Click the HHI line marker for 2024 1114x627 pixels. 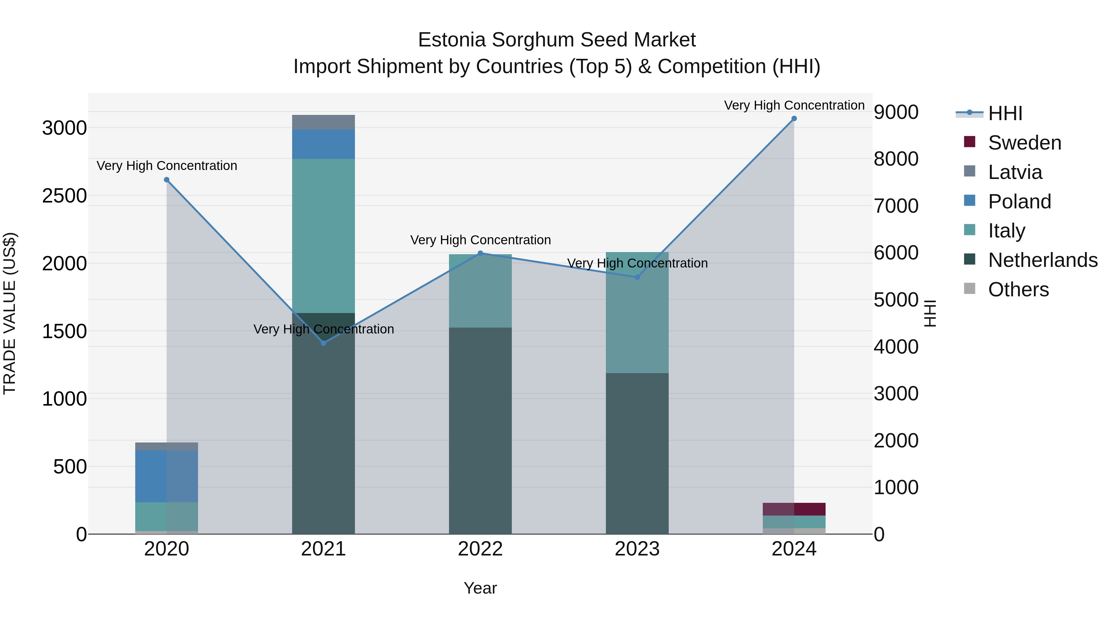[x=794, y=119]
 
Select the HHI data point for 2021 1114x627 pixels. [x=323, y=343]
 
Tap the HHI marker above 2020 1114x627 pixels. [x=166, y=180]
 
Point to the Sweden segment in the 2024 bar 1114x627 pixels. [x=794, y=509]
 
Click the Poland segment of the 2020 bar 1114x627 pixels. [x=166, y=476]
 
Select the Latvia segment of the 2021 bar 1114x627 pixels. [x=323, y=122]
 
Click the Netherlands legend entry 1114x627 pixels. [x=1042, y=260]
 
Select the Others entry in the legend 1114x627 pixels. [x=1018, y=290]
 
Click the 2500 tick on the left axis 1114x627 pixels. [x=64, y=196]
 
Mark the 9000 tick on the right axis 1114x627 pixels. [x=896, y=112]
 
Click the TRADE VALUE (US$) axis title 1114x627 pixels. [x=10, y=313]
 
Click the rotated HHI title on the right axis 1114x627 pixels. [x=930, y=313]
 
